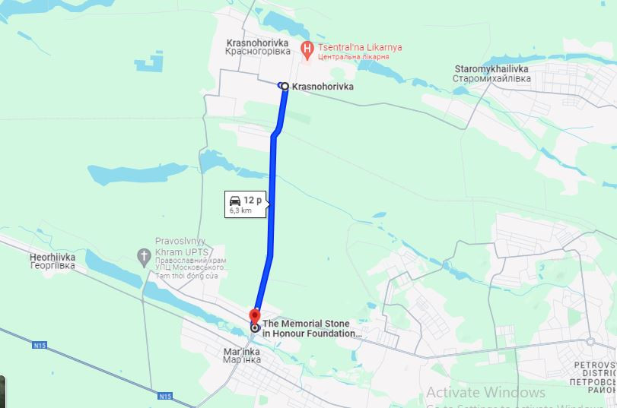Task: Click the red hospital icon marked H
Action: (307, 51)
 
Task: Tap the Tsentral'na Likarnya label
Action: (360, 47)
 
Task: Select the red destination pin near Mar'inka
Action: (255, 315)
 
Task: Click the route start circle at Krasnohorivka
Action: (285, 87)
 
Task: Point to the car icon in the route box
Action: (235, 201)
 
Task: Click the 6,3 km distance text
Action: (240, 210)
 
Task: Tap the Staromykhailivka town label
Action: (490, 69)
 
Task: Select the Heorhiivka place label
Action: (52, 258)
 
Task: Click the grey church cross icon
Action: (144, 257)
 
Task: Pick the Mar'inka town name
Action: (242, 351)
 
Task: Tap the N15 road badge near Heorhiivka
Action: (40, 346)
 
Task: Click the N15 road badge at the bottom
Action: (165, 396)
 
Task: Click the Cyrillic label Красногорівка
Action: (258, 52)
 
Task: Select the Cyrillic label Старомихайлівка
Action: (491, 78)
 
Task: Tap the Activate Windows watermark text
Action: (485, 393)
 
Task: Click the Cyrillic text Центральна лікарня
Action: (353, 57)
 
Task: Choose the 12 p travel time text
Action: (253, 201)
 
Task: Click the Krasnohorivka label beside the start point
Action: (323, 87)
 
